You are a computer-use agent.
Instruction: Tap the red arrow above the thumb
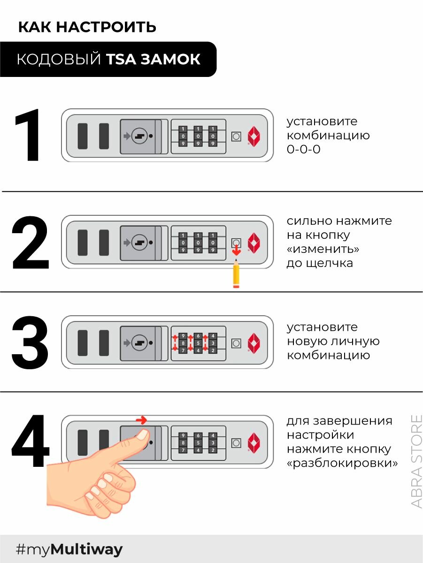tap(141, 420)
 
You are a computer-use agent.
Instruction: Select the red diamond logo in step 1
tap(254, 136)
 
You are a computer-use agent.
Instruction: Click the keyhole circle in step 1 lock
tap(139, 136)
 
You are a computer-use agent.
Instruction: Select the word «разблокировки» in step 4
tap(342, 463)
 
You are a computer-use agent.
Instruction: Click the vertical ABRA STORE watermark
tap(416, 461)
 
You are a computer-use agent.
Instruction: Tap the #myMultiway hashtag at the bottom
tap(69, 549)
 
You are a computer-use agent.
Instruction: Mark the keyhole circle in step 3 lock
tap(139, 342)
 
